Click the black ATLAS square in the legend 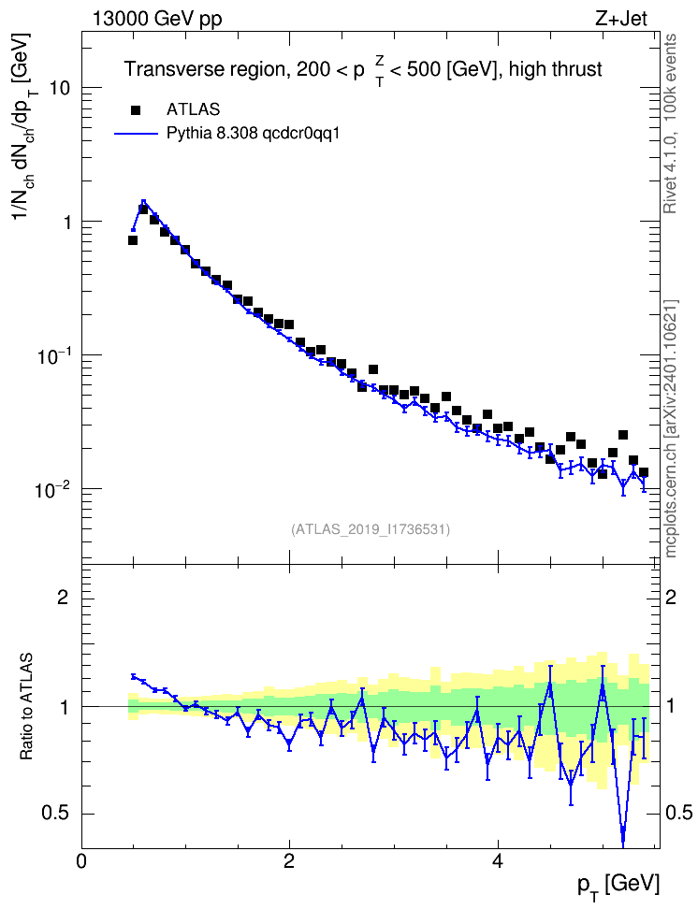[x=135, y=109]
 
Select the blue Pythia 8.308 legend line [x=136, y=134]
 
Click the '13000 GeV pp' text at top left [x=156, y=19]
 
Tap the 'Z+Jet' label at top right [x=621, y=19]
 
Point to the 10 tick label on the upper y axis [x=58, y=88]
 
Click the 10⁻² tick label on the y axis [x=53, y=488]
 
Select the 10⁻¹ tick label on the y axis [x=53, y=354]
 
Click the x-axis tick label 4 [x=497, y=861]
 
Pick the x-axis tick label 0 [x=81, y=861]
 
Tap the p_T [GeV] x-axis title [x=618, y=886]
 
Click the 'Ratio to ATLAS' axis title [x=26, y=706]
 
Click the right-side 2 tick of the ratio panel [x=671, y=597]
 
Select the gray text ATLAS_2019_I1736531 [x=371, y=529]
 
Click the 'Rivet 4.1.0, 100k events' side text [x=670, y=123]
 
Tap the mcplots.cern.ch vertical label [x=670, y=429]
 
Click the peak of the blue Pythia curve [x=143, y=201]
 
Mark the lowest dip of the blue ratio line [x=623, y=844]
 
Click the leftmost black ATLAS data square [x=133, y=240]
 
